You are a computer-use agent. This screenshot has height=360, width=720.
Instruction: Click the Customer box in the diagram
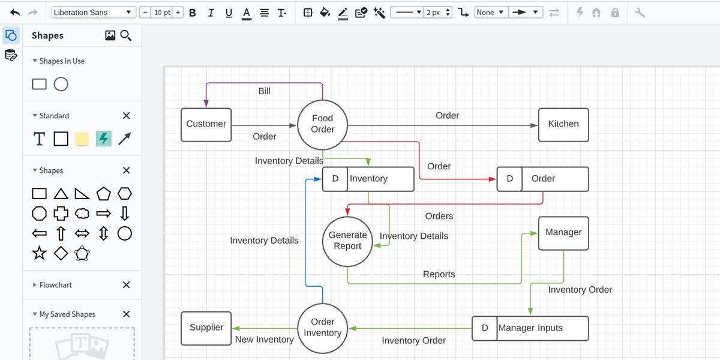206,124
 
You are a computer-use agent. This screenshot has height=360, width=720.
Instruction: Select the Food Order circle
322,124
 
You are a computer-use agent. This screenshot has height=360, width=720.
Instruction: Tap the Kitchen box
563,124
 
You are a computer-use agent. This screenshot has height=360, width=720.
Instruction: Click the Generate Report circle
348,241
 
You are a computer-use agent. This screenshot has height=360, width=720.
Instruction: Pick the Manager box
563,233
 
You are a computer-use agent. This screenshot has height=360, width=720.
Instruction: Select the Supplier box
206,328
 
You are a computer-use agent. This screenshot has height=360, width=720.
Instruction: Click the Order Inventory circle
322,328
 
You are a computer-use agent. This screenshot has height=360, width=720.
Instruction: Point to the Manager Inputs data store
530,328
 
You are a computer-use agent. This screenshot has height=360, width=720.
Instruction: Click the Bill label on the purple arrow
265,91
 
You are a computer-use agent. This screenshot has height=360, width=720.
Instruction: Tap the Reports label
439,274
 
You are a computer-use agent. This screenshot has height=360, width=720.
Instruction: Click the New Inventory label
265,340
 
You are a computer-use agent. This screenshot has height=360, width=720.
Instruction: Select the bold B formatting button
193,13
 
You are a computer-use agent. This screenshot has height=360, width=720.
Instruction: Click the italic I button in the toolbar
211,13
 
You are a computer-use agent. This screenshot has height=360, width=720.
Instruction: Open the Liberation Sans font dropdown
94,13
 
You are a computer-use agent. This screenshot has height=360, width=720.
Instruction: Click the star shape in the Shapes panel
39,253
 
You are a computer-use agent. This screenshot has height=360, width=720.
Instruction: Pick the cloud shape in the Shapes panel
82,214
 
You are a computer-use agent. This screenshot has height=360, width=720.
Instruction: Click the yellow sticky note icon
82,139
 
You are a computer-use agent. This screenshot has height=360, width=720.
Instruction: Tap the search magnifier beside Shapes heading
126,35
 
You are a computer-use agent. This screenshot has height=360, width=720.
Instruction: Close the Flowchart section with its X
126,285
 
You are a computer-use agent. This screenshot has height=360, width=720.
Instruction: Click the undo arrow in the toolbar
15,13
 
